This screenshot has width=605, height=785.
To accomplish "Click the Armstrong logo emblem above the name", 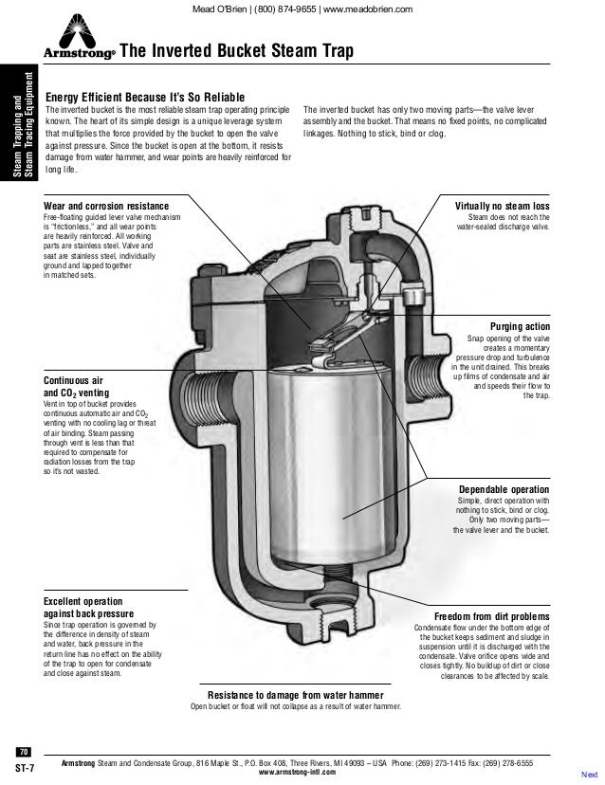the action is click(78, 31).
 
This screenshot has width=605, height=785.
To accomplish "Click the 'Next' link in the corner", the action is click(589, 775).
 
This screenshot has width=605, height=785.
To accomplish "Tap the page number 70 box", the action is click(24, 752).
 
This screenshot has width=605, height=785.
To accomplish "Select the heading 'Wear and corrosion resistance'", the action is click(106, 206).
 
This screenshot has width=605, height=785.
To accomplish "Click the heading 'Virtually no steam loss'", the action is click(502, 206).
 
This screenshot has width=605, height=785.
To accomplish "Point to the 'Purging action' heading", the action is click(520, 326).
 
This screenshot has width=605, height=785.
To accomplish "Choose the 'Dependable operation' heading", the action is click(504, 489).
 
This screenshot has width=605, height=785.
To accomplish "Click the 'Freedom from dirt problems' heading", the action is click(491, 616).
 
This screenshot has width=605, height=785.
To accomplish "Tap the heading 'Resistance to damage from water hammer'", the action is click(296, 695).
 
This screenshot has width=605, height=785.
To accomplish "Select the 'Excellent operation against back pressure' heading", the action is click(88, 608).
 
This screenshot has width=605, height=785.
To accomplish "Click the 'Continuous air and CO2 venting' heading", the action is click(76, 387).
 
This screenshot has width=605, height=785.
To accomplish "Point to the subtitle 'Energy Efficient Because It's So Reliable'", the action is click(145, 97).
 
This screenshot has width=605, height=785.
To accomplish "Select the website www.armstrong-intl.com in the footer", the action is click(297, 772).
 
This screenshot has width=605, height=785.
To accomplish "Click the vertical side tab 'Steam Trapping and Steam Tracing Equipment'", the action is click(24, 123).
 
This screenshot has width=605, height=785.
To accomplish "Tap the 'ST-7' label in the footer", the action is click(25, 768).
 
